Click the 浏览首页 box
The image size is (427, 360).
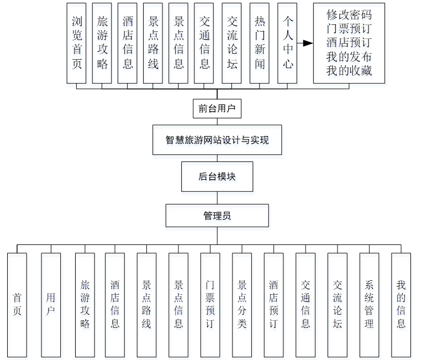(x=76, y=43)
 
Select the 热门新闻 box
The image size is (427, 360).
(x=260, y=43)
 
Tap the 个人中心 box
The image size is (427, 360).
(x=287, y=43)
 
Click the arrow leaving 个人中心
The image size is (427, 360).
(x=305, y=43)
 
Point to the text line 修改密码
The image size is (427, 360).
(x=349, y=14)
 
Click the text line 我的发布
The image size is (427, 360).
(x=349, y=57)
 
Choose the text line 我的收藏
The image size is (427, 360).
(x=349, y=71)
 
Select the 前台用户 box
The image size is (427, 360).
(x=217, y=109)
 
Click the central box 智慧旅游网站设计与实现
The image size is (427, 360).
(x=217, y=140)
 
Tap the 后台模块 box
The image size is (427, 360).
(x=217, y=177)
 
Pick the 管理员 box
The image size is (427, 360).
(x=217, y=216)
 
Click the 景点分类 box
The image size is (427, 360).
(x=242, y=304)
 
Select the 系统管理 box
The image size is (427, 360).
(x=369, y=304)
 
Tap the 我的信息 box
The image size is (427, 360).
(x=401, y=304)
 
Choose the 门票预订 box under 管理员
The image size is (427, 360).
(x=210, y=304)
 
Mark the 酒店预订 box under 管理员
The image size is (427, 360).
(x=273, y=304)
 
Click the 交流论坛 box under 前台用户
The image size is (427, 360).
(x=232, y=43)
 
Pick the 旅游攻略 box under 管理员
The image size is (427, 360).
(x=85, y=304)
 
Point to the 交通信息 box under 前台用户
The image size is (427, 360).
(x=204, y=43)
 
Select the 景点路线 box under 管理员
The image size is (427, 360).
(x=146, y=304)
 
